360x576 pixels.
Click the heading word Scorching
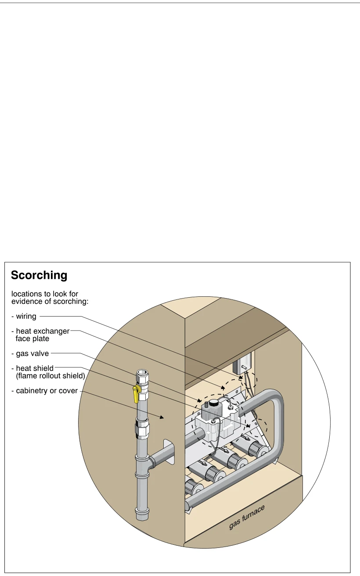(x=39, y=275)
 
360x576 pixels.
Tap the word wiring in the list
(x=26, y=316)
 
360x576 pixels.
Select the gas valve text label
(x=32, y=353)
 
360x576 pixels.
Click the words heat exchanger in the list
(x=43, y=331)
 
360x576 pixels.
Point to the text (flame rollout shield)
(x=50, y=376)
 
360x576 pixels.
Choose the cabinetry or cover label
(x=47, y=391)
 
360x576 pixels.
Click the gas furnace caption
(x=247, y=517)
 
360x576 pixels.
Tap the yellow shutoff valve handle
(x=136, y=394)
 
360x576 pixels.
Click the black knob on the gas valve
(x=213, y=403)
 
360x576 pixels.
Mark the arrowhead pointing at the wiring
(x=241, y=377)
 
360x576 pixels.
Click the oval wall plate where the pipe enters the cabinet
(x=169, y=452)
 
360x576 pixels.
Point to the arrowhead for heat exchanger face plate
(x=223, y=388)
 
